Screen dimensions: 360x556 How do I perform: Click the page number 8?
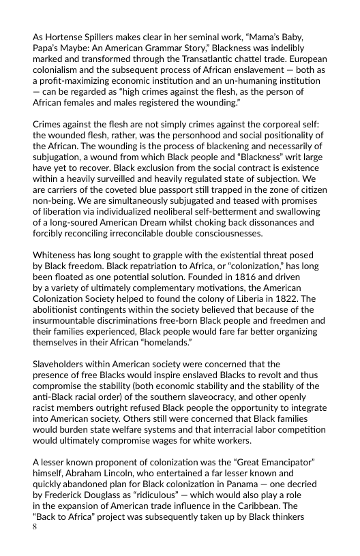tap(35, 527)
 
